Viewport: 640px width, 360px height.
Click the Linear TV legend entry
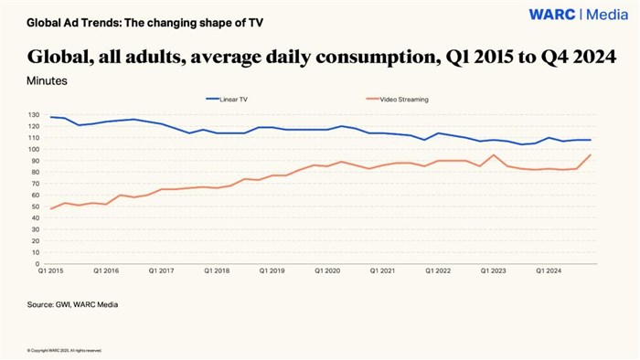click(x=228, y=98)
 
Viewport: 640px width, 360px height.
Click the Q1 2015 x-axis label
click(x=50, y=271)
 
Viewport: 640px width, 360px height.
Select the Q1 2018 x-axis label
click(x=217, y=271)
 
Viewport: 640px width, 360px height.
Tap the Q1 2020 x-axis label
click(x=327, y=271)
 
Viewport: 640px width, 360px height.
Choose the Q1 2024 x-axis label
click(x=549, y=271)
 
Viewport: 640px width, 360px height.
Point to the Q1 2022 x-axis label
click(x=438, y=271)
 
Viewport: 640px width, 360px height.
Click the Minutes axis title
click(x=47, y=80)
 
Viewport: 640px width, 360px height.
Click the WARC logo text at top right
click(x=552, y=14)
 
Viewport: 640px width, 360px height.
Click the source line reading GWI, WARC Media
click(x=72, y=304)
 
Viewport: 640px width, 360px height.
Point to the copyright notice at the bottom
click(x=64, y=350)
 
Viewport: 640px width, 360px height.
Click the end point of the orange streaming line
click(x=591, y=154)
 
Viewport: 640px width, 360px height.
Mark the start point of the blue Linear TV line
click(x=50, y=117)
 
